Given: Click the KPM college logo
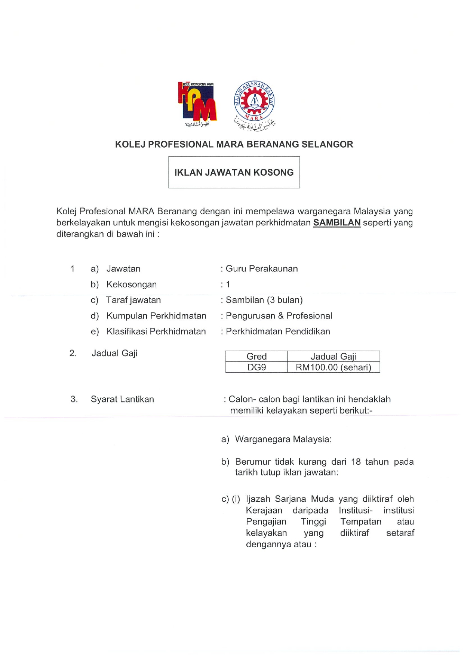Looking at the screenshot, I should click(x=197, y=104).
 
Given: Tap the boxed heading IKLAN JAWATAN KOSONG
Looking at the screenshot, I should click(x=234, y=172).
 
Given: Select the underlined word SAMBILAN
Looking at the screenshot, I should click(x=337, y=223).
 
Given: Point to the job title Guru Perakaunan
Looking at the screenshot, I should click(x=262, y=269).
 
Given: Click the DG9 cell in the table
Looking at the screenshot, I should click(x=256, y=367).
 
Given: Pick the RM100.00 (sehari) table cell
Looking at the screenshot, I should click(x=333, y=367).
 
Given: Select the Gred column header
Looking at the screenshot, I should click(x=256, y=356).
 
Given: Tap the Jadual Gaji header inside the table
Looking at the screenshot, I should click(x=333, y=356).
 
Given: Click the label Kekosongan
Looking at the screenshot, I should click(x=132, y=284).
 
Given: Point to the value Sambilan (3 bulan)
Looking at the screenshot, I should click(x=264, y=300).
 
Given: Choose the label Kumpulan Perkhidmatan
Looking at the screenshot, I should click(x=156, y=316).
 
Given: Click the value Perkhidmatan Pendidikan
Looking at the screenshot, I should click(x=278, y=332).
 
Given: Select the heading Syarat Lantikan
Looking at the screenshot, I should click(x=122, y=399).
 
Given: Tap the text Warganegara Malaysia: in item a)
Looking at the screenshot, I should click(x=283, y=439).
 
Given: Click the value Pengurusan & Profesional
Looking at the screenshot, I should click(x=279, y=316).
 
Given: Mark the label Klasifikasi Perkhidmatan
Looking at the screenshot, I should click(x=156, y=332).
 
